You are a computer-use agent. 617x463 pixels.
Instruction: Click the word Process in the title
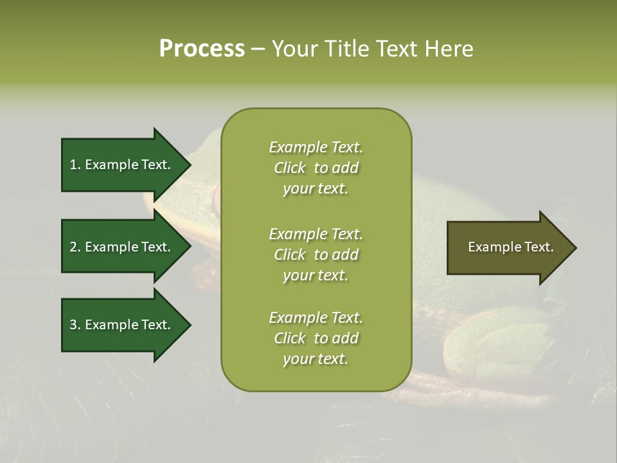(x=202, y=49)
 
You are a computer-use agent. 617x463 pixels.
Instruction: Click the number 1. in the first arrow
(x=75, y=165)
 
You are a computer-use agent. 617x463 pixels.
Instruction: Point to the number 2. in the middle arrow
(x=75, y=247)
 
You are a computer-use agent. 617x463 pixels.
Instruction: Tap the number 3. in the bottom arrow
(x=75, y=325)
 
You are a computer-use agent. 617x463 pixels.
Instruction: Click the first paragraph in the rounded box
(x=316, y=168)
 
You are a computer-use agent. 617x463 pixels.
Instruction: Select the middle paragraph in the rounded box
(x=316, y=255)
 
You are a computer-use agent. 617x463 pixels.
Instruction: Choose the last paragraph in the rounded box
(x=316, y=338)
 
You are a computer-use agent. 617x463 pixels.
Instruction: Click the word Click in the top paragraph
(x=289, y=168)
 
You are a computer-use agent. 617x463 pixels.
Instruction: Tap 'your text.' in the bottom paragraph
(x=316, y=359)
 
